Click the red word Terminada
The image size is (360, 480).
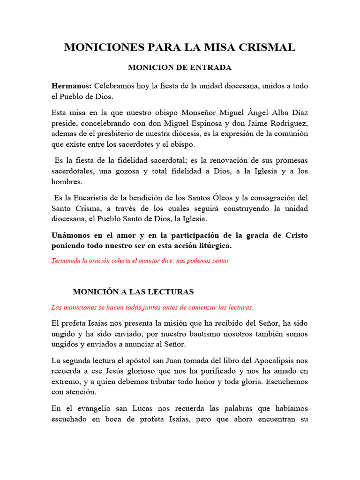[x=66, y=261]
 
